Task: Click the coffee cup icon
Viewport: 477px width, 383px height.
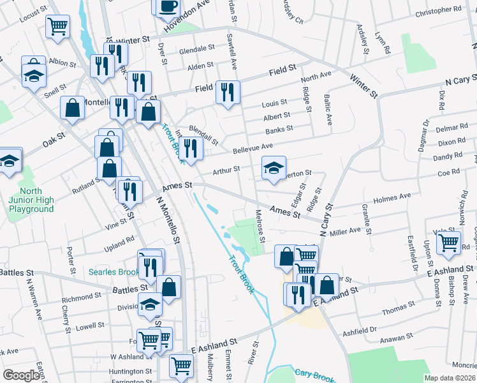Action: point(167,6)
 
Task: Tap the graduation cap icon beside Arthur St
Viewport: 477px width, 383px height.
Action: point(274,168)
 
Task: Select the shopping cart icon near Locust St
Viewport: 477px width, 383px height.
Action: point(57,26)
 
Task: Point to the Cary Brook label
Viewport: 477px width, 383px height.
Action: point(314,373)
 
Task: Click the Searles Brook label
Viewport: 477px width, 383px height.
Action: point(115,273)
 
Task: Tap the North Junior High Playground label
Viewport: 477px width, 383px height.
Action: point(31,200)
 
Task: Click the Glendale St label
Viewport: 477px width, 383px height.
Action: point(196,49)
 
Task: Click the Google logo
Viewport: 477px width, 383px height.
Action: point(21,375)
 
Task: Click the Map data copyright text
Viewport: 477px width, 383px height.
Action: point(450,378)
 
